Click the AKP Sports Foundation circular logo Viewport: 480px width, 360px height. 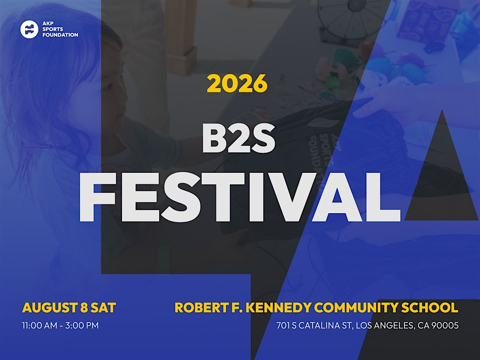coord(29,29)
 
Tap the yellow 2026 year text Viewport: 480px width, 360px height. coord(237,83)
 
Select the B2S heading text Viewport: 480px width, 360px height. coord(238,138)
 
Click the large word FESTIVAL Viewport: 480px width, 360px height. coord(240,197)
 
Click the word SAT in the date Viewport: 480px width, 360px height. coord(103,308)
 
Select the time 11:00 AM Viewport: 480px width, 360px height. coord(40,326)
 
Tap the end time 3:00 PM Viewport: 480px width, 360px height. coord(82,326)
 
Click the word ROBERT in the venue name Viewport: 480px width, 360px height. coord(202,308)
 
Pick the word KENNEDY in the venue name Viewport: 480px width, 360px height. coord(278,308)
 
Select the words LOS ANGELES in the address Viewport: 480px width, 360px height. coord(385,326)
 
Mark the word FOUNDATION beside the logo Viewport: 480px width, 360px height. coord(60,35)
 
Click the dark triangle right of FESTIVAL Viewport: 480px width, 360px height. coord(442,175)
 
